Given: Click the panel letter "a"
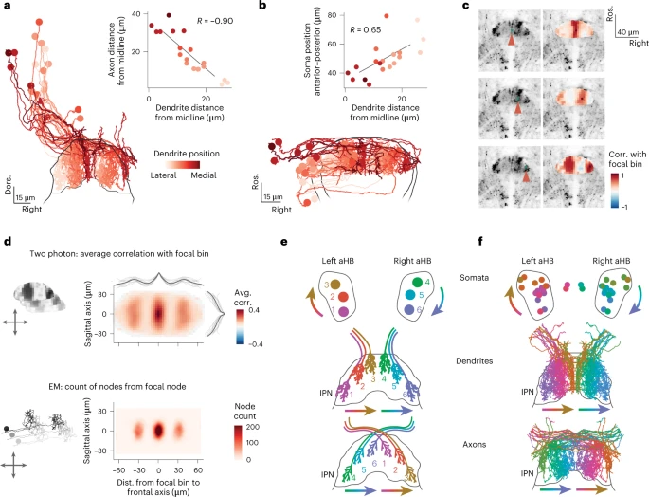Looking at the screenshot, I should pos(9,9).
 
